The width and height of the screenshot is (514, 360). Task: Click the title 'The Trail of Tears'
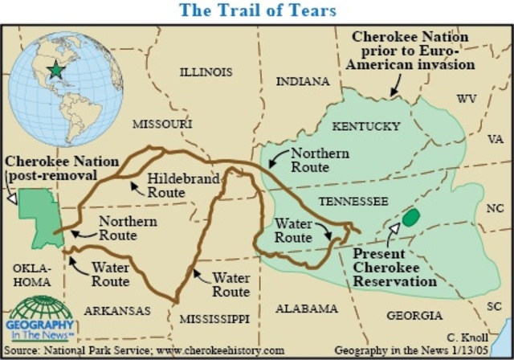[257, 10]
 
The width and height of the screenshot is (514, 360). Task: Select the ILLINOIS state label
[206, 72]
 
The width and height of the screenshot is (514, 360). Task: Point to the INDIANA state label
[303, 82]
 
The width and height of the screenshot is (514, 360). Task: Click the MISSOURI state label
[162, 125]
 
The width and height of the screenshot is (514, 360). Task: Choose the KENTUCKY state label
[366, 126]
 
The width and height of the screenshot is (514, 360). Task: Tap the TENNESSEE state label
[353, 201]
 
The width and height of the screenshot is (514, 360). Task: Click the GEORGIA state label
[415, 316]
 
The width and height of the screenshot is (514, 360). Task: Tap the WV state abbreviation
[467, 99]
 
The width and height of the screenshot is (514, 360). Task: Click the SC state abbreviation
[495, 307]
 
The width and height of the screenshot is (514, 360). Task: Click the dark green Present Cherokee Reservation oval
[411, 217]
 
